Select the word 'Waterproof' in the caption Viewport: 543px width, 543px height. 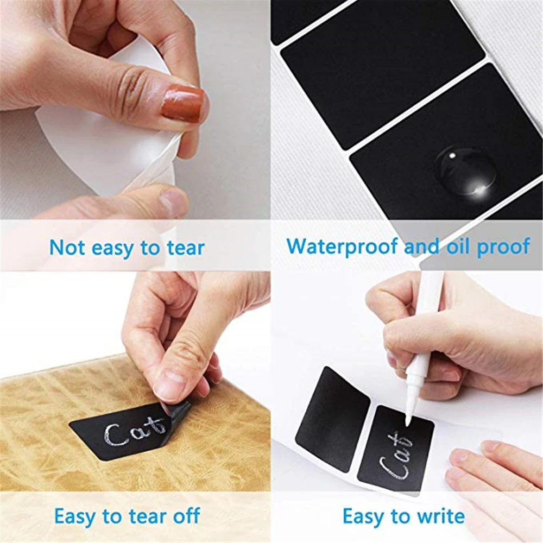(343, 246)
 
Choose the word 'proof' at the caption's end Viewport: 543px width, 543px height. (503, 247)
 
